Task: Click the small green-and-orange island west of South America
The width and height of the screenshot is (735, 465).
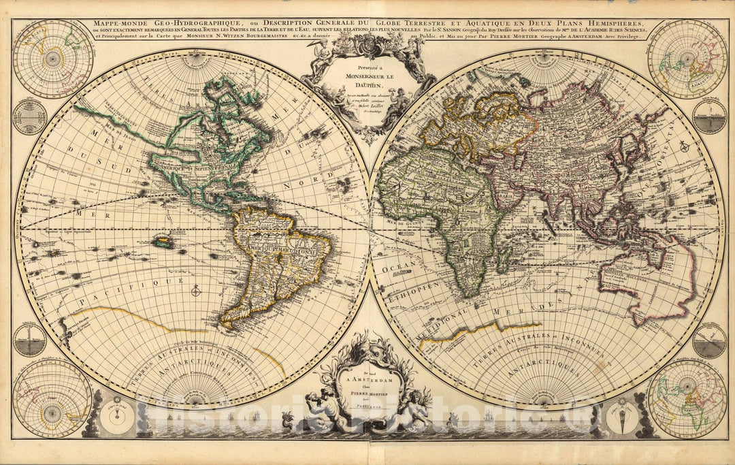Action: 162,241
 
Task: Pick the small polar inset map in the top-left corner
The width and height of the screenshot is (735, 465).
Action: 52,59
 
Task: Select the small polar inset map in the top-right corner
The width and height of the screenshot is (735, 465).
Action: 687,59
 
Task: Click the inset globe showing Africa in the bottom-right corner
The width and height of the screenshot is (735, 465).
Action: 687,399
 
